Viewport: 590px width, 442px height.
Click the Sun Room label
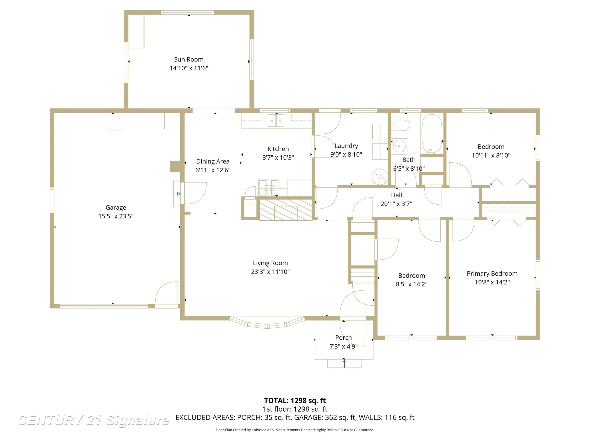pos(189,59)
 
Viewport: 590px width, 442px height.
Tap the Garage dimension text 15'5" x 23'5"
pos(116,216)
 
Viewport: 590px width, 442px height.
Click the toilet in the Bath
pos(401,125)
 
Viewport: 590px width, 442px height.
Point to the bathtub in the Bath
pos(431,134)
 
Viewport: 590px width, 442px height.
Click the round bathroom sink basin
pos(399,146)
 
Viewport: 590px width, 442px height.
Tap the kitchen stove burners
pos(269,187)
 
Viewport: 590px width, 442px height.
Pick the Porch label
pos(344,337)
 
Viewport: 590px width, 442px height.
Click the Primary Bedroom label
pos(492,273)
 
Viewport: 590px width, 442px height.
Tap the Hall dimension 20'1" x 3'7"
pos(396,204)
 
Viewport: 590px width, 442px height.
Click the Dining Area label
pos(213,161)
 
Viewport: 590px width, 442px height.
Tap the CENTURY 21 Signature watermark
pos(93,420)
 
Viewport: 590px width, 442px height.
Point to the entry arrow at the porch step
pos(345,363)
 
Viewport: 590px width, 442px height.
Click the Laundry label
pos(346,146)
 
